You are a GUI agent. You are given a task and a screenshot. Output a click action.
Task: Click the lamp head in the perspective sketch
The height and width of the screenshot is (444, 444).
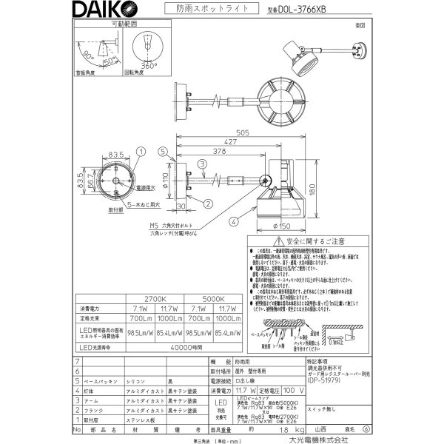point(299,59)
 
